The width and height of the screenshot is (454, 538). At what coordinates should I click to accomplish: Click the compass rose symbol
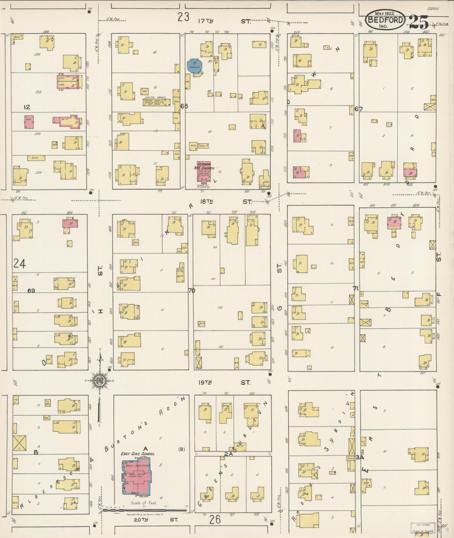pos(100,381)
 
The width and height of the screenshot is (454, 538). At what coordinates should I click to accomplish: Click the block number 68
pos(184,106)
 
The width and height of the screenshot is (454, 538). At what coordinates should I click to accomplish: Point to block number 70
pos(192,291)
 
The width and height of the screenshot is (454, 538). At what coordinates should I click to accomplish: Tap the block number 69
pos(31,291)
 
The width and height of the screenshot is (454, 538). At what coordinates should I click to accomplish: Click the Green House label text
pos(155,98)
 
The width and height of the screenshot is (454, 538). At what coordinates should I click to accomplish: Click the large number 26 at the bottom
pos(214,519)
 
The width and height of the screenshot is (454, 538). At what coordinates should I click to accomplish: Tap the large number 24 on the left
pos(20,264)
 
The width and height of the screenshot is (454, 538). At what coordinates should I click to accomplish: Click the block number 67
pos(359,109)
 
